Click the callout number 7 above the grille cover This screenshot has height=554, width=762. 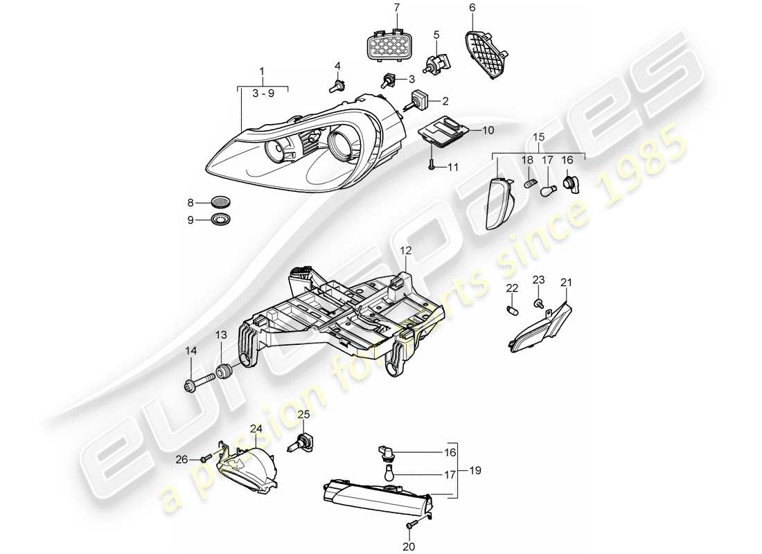(397, 8)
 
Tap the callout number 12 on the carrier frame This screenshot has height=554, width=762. (405, 250)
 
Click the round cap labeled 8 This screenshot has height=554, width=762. (221, 203)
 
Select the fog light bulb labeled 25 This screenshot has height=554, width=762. (302, 440)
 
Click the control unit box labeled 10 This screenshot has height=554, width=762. (447, 130)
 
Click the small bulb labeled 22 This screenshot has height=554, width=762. (513, 308)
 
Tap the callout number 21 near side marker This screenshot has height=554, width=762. (567, 282)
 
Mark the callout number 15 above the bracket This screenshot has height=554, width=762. (538, 138)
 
